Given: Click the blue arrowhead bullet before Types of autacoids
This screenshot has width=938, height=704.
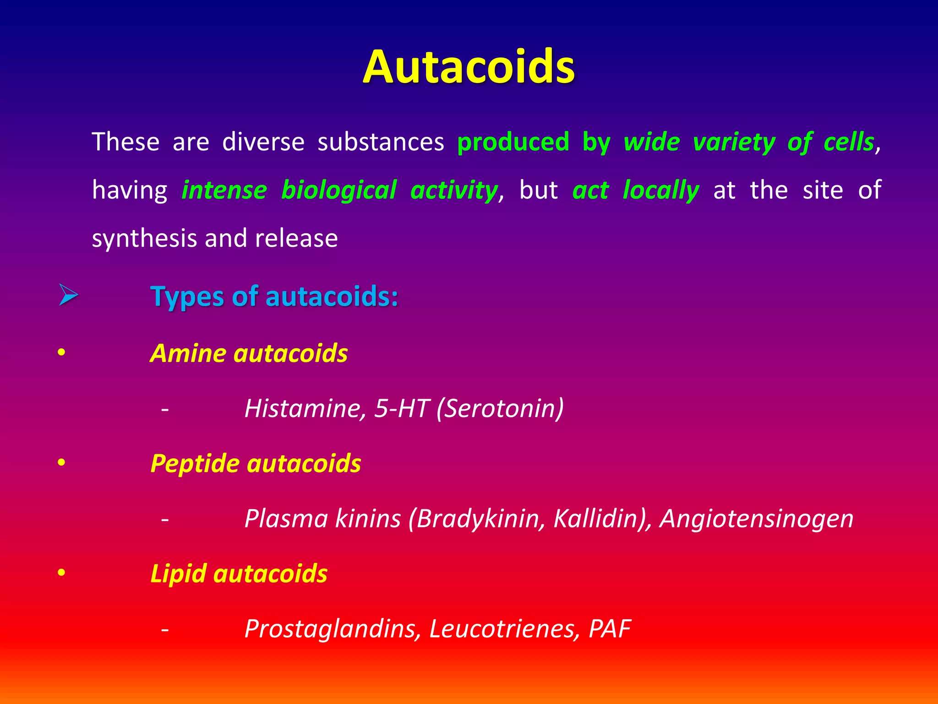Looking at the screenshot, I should [x=68, y=295].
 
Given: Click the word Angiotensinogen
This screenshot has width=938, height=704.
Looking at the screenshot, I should [x=756, y=519].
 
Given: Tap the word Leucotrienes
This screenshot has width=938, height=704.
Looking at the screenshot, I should [x=502, y=629].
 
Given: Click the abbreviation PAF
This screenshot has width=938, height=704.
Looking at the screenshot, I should [x=610, y=629].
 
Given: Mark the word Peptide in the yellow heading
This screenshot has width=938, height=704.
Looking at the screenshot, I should [x=195, y=464].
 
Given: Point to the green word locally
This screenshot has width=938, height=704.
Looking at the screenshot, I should [x=661, y=191].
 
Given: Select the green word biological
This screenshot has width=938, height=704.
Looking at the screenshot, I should [x=339, y=191].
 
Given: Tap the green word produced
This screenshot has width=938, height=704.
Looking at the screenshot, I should [x=513, y=142].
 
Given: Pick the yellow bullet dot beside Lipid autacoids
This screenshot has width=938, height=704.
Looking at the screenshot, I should [x=61, y=573].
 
